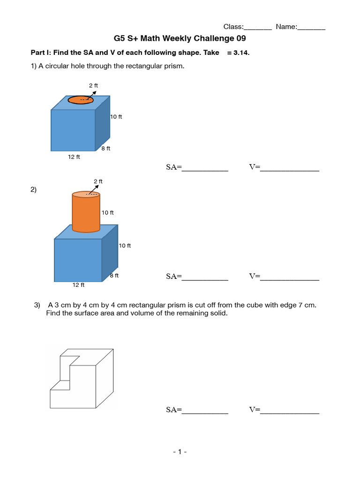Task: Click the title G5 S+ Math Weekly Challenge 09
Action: (x=180, y=38)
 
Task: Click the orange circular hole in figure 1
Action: (x=81, y=100)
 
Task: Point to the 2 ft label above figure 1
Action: (x=94, y=85)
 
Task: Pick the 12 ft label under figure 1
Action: (x=74, y=157)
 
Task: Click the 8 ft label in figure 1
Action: (x=105, y=149)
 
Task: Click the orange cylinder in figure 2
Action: (x=86, y=213)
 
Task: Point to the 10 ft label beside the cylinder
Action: (x=108, y=212)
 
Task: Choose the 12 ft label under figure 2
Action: (x=78, y=285)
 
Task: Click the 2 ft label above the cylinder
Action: (x=98, y=181)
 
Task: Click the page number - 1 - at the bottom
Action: (x=180, y=452)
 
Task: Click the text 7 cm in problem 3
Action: (x=307, y=305)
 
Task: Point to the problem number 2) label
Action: (x=34, y=189)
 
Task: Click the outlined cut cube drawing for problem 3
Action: (x=82, y=379)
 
